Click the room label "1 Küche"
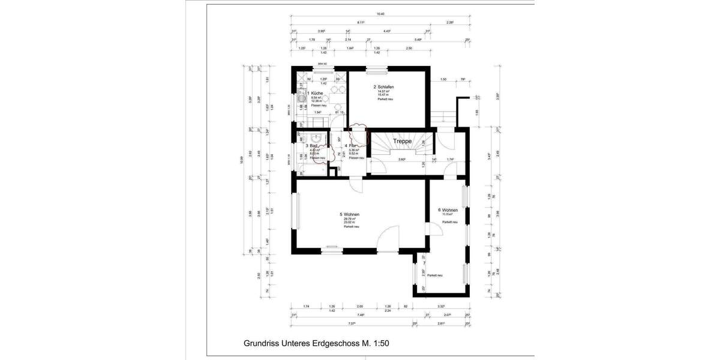tap(316, 94)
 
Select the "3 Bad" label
tap(311, 146)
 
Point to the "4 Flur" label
tap(351, 146)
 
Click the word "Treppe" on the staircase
tap(402, 141)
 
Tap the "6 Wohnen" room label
tap(448, 210)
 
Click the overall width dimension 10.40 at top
tap(380, 13)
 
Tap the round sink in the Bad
tap(311, 137)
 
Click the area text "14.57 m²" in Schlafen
tap(383, 91)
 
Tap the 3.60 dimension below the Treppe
tap(402, 160)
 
